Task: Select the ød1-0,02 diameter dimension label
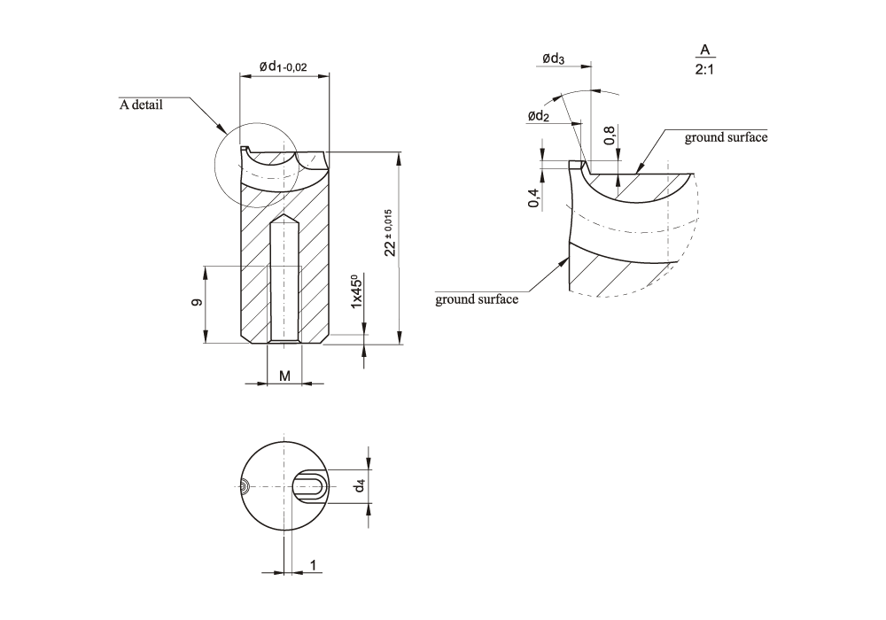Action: tap(284, 66)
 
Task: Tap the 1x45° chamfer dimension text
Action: tap(356, 291)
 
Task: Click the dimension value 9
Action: tap(197, 303)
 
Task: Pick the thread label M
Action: tap(284, 376)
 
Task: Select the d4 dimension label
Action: tap(360, 485)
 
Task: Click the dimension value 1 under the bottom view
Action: tap(314, 564)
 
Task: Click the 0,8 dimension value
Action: tap(610, 135)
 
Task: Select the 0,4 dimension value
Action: tap(533, 198)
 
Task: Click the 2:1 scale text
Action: tap(706, 69)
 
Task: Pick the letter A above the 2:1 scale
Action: tap(705, 49)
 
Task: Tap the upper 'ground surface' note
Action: tap(726, 137)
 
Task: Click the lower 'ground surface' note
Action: tap(477, 299)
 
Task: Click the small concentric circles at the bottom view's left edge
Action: tap(245, 485)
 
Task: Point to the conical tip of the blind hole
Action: tap(284, 218)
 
